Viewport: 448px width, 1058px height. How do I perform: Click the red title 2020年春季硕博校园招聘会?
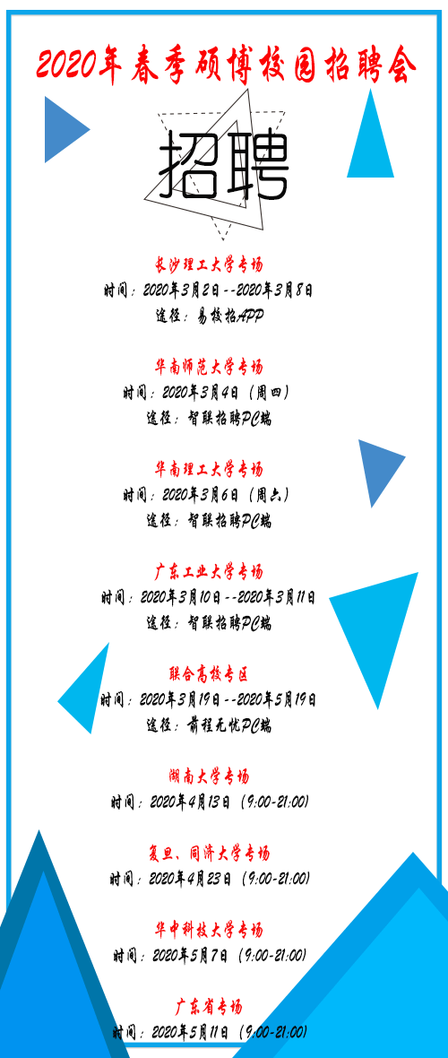(x=226, y=65)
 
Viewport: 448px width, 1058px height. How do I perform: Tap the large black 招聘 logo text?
(x=223, y=165)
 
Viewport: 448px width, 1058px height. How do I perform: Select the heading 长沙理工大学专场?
(x=209, y=264)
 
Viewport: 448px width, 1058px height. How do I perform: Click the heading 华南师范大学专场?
(x=209, y=367)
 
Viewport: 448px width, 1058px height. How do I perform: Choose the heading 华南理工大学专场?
(x=209, y=469)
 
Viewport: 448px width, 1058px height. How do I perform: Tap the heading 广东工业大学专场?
(x=209, y=572)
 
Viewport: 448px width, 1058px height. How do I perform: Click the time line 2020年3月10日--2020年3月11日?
(x=209, y=598)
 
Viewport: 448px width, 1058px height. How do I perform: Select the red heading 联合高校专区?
(x=209, y=674)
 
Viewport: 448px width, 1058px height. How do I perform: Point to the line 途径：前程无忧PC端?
(x=209, y=726)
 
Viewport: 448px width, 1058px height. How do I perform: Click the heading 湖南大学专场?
(x=209, y=776)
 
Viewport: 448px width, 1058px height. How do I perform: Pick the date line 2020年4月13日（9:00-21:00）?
(x=210, y=802)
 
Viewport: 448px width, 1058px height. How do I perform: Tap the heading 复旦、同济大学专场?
(x=209, y=854)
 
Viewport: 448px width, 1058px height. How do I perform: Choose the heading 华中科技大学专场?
(x=209, y=931)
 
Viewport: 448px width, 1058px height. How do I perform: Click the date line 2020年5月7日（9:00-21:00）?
(x=210, y=956)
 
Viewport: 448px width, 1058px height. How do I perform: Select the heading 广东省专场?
(x=209, y=1008)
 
